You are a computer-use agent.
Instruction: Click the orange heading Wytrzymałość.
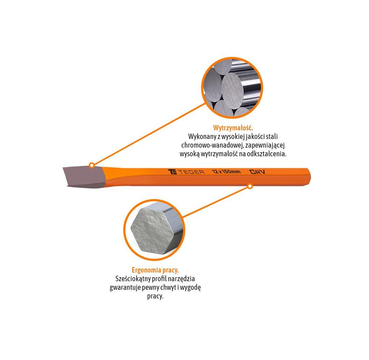coord(233,128)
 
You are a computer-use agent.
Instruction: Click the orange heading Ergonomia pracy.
coord(155,270)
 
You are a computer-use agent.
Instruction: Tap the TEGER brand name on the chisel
coord(191,172)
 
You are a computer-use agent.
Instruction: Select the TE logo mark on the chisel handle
coord(173,172)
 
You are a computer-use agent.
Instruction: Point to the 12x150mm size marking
coord(226,172)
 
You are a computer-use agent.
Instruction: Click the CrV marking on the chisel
coord(257,172)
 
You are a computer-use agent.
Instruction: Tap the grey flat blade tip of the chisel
coord(84,177)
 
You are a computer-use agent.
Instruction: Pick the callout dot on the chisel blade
coord(92,165)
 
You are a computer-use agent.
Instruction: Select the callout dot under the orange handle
coord(250,186)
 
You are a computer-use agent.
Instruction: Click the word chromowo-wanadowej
coord(212,145)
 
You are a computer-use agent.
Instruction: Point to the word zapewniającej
coord(265,145)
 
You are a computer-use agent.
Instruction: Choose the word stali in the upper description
coord(272,136)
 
